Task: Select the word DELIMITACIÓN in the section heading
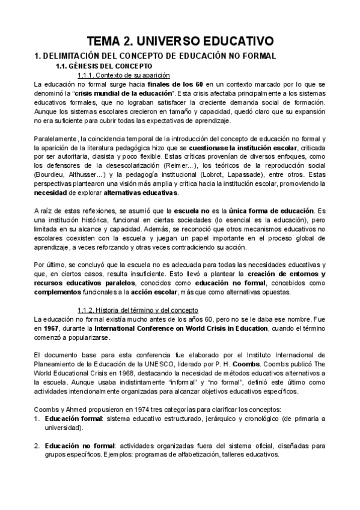74,56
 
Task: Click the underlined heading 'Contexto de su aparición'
124,75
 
